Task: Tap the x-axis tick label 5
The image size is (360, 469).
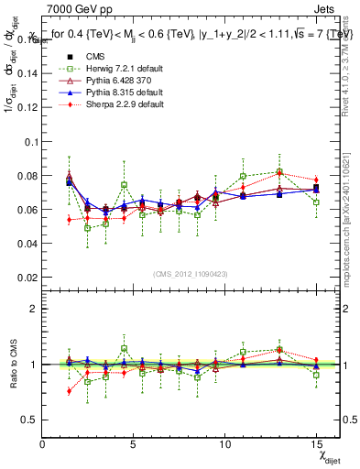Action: [x=134, y=445]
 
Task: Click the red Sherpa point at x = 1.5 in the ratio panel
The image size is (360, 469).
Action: [x=70, y=391]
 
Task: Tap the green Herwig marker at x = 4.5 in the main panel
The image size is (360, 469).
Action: [x=124, y=185]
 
